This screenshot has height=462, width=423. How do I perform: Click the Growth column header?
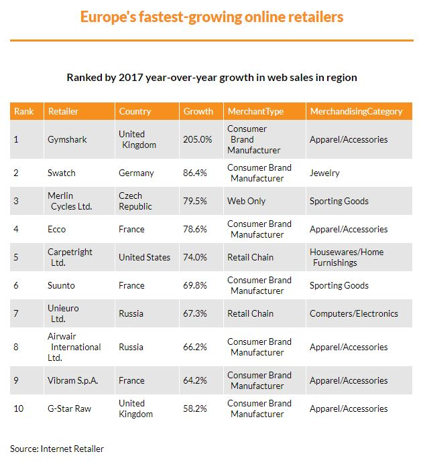198,111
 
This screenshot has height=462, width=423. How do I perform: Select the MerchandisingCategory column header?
356,111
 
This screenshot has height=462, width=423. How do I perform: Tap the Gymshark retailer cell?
67,139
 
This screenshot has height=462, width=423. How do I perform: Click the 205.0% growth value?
197,139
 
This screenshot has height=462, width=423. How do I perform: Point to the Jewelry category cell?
324,173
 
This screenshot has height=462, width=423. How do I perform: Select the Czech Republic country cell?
135,201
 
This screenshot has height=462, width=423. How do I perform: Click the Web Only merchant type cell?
246,201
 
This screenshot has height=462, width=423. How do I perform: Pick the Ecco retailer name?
56,229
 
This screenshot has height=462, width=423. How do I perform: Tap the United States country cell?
145,257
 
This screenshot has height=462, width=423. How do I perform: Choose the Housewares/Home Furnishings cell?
347,257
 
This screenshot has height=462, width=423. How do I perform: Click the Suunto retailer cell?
61,285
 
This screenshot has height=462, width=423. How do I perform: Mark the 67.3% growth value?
194,313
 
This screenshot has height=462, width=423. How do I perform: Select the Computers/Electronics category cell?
354,313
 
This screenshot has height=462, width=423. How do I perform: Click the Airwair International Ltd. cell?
74,347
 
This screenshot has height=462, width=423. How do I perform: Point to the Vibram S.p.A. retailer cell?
72,381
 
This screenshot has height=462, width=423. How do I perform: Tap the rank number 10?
19,408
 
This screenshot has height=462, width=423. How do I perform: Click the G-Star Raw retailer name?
69,408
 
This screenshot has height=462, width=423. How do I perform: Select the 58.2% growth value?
194,408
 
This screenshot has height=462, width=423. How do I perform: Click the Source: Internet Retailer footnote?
57,449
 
